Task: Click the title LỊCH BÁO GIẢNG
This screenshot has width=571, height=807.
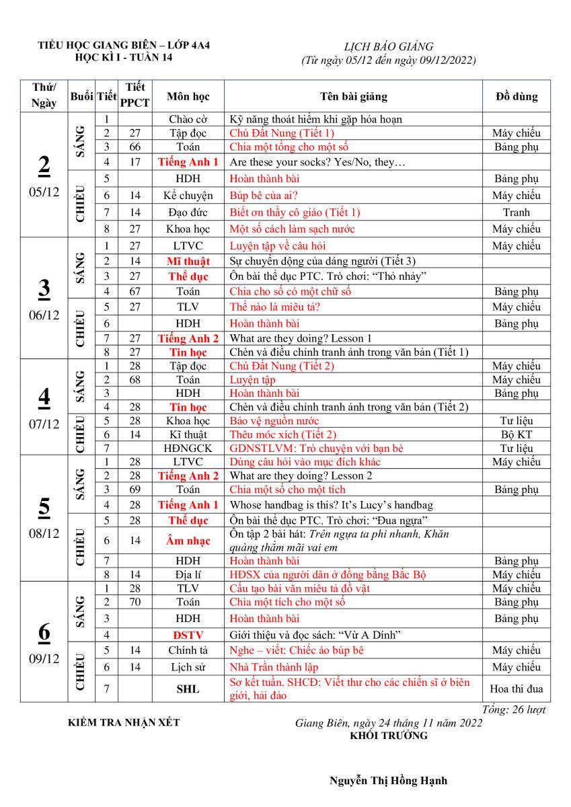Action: [388, 47]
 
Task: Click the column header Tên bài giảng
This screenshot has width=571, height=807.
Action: [353, 97]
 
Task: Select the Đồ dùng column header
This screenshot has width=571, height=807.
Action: [516, 97]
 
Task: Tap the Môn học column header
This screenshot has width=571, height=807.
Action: [188, 97]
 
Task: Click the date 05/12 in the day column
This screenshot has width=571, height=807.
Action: [44, 192]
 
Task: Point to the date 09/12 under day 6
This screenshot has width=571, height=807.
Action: [44, 659]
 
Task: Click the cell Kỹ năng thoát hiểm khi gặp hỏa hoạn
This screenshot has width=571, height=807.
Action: [315, 120]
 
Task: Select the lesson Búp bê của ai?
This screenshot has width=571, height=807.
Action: [264, 196]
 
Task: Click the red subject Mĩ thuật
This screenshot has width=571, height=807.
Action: [188, 262]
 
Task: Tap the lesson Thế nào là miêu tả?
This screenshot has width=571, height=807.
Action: [274, 307]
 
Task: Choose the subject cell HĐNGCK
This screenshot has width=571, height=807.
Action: [188, 449]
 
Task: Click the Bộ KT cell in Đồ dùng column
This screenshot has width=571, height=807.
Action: [516, 435]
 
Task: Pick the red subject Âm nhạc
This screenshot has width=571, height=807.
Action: [188, 541]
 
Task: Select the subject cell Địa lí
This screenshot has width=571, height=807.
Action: [188, 575]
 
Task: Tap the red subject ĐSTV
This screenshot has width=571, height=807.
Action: [188, 635]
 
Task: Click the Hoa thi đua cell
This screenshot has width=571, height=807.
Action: [516, 689]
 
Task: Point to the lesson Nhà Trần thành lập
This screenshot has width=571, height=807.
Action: [274, 667]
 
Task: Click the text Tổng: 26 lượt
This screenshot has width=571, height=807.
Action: [514, 710]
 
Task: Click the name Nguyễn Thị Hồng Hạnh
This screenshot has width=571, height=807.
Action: [388, 781]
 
